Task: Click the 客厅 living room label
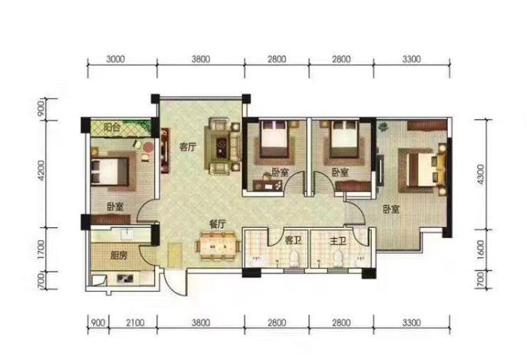(187, 147)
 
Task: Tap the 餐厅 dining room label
(217, 224)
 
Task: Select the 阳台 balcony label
(111, 127)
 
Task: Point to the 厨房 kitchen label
(118, 256)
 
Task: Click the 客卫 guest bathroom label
(293, 240)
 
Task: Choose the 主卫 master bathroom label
(338, 241)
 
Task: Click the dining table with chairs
(218, 246)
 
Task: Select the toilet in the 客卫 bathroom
(294, 258)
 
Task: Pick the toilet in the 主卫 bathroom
(338, 258)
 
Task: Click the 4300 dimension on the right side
(481, 174)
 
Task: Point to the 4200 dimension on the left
(41, 170)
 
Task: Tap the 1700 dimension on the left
(41, 249)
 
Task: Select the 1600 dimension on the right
(481, 249)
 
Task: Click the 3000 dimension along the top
(115, 59)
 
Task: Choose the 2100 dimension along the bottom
(135, 322)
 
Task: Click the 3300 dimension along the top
(412, 59)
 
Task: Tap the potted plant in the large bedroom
(383, 127)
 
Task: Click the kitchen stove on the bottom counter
(124, 279)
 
